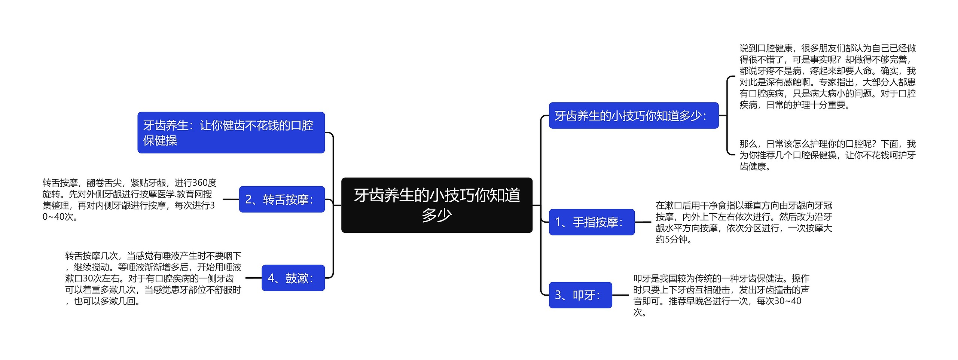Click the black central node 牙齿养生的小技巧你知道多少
437,205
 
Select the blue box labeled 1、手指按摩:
592,222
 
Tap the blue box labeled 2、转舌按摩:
282,199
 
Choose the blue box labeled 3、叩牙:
580,295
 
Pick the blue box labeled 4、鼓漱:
293,278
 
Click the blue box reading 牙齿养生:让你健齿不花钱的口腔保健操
231,132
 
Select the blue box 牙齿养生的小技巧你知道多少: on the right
633,115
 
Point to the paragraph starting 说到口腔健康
827,76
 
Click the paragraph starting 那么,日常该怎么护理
827,155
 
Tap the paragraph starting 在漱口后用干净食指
744,222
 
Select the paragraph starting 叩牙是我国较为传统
721,295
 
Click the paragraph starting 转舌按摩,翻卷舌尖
129,199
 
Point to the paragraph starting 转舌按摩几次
153,278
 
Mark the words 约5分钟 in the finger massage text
671,240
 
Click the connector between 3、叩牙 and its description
620,295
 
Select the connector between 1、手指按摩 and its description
643,222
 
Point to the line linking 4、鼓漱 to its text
253,278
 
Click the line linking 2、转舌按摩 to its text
231,199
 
